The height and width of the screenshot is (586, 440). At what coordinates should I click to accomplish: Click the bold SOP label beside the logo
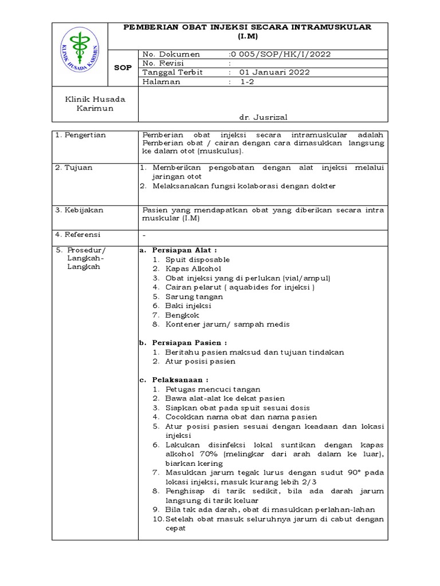[x=123, y=68]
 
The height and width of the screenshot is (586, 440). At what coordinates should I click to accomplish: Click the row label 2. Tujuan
[x=74, y=168]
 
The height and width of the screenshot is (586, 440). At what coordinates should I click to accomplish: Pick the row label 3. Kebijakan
[x=79, y=210]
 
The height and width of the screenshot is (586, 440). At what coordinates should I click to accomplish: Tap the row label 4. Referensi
[x=77, y=235]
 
